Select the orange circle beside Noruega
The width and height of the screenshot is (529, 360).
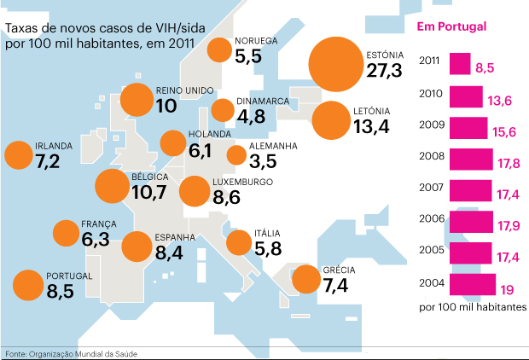(219, 50)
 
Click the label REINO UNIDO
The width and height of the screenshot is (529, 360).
(185, 90)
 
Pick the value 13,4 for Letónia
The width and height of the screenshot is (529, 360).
(371, 127)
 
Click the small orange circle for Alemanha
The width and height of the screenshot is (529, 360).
(237, 155)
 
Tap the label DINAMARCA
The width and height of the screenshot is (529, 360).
(264, 102)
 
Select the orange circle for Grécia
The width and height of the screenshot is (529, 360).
(305, 278)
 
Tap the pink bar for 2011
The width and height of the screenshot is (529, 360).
(459, 63)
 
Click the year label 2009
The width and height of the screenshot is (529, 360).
(431, 126)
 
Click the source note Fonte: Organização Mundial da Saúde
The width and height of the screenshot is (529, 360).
(71, 353)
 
